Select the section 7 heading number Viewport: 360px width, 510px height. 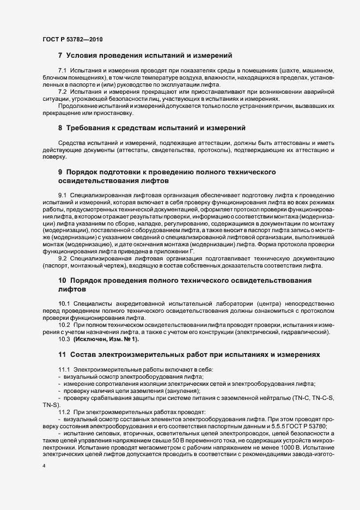coord(60,56)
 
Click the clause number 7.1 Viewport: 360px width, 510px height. coord(62,71)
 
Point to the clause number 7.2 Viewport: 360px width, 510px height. coord(62,92)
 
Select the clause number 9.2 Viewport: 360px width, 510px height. coord(62,266)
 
